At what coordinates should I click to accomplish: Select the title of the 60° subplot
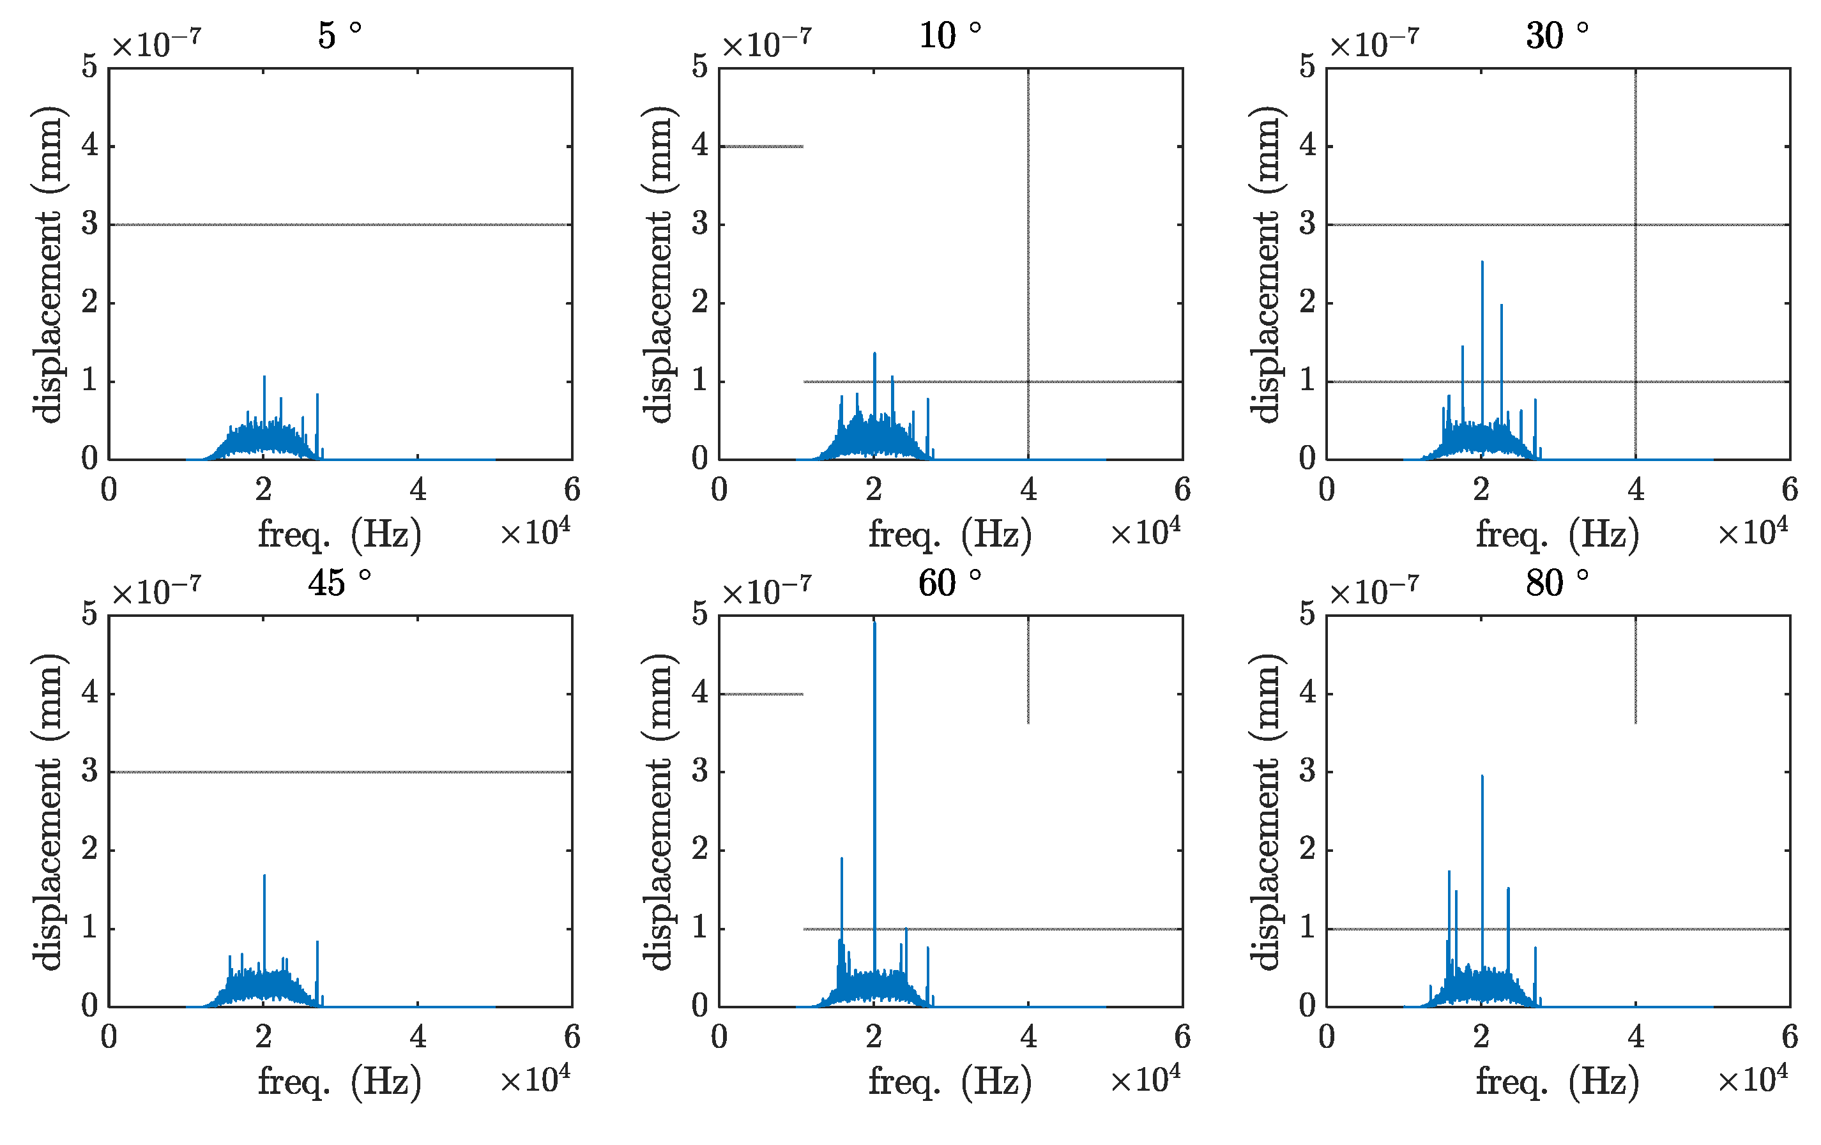tap(950, 583)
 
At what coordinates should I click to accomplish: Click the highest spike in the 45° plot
tap(264, 877)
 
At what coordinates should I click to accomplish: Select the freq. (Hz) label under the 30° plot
tap(1557, 535)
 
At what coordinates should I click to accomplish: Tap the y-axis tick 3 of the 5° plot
tap(90, 224)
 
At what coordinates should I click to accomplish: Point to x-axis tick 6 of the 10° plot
tap(1183, 490)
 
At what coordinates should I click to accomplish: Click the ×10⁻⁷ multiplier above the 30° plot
tap(1374, 45)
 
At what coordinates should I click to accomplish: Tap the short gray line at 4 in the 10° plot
tap(761, 147)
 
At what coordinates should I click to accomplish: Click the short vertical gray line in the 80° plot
tap(1636, 669)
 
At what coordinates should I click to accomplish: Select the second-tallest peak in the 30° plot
tap(1501, 307)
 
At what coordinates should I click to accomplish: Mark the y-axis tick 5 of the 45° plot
tap(90, 613)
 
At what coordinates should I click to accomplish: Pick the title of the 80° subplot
tap(1557, 583)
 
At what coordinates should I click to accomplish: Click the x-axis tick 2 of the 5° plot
tap(263, 490)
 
